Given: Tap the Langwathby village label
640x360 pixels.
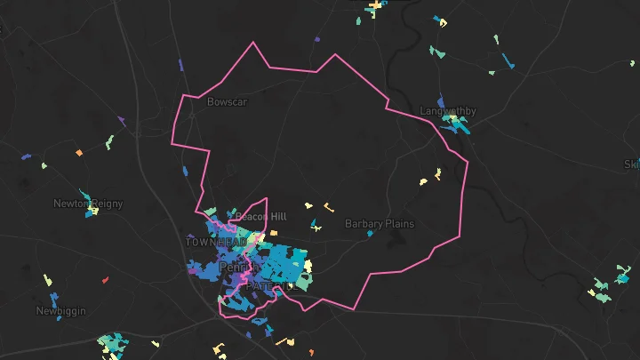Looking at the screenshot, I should [x=448, y=111].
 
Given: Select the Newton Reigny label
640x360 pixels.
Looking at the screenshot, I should [x=88, y=204].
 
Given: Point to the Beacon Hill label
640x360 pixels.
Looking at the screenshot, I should [x=260, y=217].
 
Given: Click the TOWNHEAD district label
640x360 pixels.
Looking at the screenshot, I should [x=214, y=242].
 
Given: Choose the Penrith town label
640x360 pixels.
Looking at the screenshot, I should [x=238, y=267].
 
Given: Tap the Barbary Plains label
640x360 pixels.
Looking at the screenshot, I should [x=379, y=224].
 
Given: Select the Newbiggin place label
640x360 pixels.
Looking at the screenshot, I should [x=60, y=311].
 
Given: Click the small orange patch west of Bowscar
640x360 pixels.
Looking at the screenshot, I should [x=79, y=153].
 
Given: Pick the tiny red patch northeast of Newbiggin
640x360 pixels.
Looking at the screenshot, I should [x=105, y=280].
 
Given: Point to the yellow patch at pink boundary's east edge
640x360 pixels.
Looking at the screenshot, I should [x=437, y=172].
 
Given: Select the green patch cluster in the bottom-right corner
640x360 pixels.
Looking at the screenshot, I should [x=601, y=290].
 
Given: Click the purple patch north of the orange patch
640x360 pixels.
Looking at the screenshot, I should [x=121, y=121].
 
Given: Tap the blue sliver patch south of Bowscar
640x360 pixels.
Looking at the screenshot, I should [x=186, y=169].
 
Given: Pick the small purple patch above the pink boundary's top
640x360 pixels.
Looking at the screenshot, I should [x=316, y=39].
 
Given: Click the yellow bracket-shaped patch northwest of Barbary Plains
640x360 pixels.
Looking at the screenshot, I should [x=328, y=208].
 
